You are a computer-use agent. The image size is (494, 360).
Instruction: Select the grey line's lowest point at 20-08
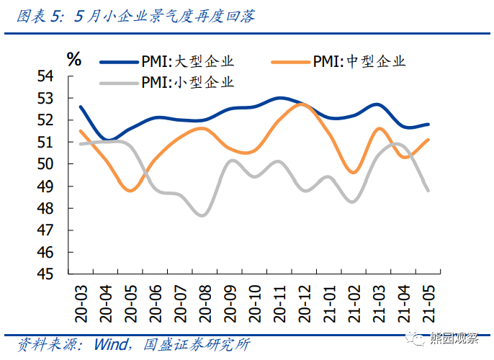202,215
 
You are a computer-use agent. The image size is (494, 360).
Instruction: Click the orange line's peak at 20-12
302,104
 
